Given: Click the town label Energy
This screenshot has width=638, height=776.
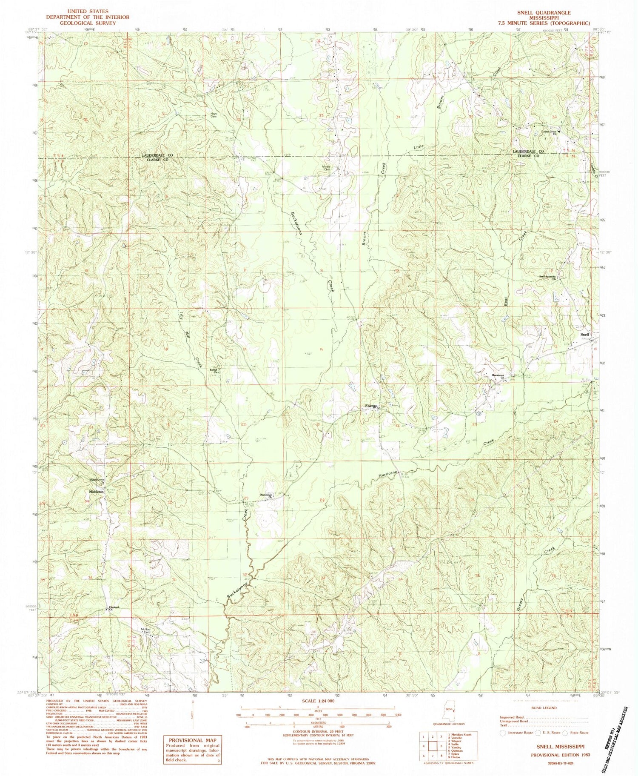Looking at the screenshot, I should (370, 407).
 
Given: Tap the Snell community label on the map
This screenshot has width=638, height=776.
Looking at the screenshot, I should (586, 335).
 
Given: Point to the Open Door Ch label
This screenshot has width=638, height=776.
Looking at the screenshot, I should (266, 495).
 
